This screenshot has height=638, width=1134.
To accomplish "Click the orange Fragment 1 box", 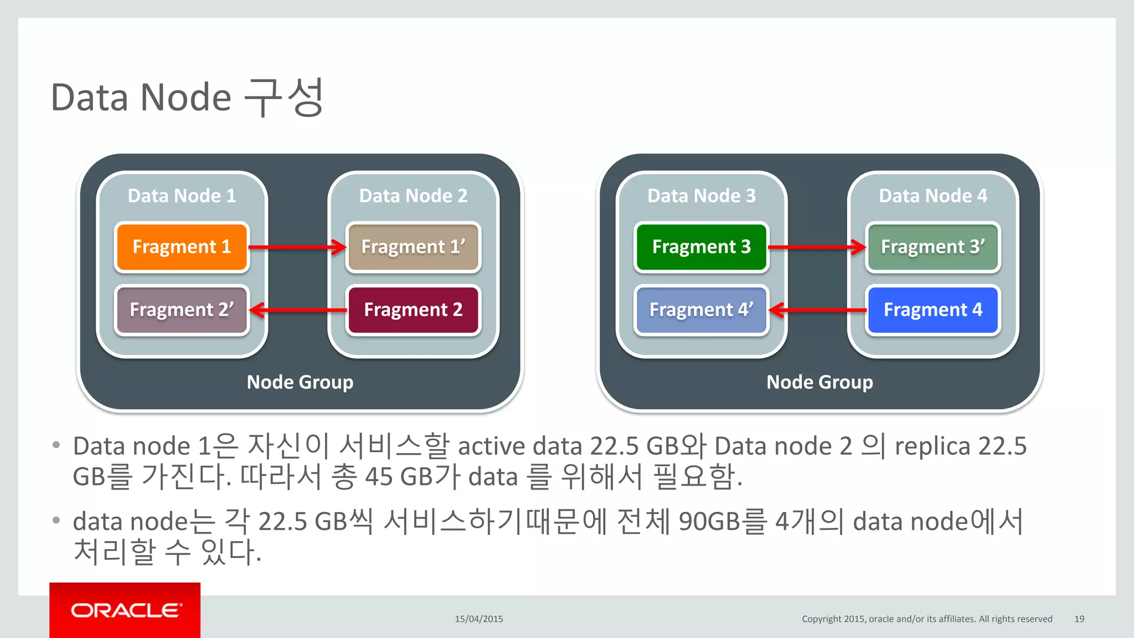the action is tap(182, 247).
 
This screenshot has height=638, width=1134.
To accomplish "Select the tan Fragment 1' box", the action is tap(413, 247).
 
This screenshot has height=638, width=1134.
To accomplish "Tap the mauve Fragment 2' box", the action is tap(182, 310).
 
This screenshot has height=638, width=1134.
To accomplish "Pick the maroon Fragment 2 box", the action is tap(413, 310).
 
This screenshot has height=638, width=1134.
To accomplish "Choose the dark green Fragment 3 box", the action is tap(701, 247).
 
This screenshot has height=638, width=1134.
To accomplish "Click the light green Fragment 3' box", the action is tap(933, 247).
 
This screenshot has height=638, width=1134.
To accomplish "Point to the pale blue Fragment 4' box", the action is tap(701, 310).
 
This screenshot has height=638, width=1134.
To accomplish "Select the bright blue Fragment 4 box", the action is tap(933, 310).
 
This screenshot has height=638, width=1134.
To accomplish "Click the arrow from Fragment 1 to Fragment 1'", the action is tap(297, 247).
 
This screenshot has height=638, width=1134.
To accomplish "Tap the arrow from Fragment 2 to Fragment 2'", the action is tap(297, 310).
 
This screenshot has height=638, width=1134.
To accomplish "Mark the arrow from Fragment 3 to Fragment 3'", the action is tap(817, 247).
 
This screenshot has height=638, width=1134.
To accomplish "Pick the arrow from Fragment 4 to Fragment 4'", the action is tap(817, 310).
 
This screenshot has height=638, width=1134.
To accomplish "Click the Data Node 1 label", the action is tap(182, 195).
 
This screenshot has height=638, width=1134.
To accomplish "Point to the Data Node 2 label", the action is tap(413, 195).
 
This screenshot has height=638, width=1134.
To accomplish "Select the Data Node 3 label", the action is tap(701, 195).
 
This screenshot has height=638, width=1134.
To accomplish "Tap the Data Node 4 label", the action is tap(933, 195).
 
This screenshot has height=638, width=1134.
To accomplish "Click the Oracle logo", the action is tap(125, 610).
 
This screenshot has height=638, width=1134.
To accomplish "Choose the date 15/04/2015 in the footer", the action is tap(479, 619).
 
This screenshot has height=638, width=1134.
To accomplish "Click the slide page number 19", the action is tap(1079, 619).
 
